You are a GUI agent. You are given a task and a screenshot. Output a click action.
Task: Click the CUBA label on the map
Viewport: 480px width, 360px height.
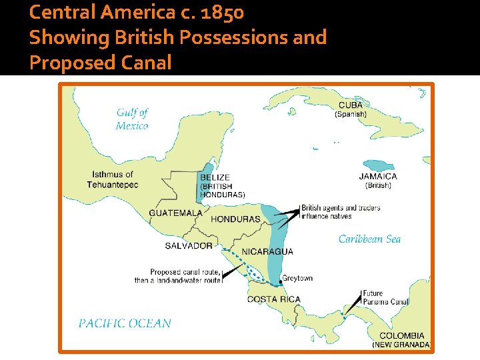351,105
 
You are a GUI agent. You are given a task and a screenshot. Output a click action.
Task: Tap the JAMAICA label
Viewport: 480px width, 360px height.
378,177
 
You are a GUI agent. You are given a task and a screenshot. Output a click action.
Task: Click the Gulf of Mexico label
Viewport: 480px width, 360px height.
132,119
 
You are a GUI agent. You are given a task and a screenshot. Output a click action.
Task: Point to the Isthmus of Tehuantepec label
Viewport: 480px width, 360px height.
113,179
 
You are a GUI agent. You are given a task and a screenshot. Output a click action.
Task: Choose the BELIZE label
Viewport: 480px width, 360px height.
215,177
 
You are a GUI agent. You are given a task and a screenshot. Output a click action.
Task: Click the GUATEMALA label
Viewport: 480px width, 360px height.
175,213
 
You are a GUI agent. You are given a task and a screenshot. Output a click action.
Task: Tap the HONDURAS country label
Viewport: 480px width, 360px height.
235,219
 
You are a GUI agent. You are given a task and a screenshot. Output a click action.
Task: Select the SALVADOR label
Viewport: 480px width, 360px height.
189,246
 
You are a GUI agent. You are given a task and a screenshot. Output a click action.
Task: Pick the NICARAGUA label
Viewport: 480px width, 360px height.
267,251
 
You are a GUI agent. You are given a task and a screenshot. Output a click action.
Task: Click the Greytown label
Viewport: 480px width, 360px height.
297,278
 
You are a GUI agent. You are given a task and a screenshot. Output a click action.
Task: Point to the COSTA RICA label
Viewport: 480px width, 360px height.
273,299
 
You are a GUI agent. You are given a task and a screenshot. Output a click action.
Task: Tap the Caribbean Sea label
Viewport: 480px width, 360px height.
369,239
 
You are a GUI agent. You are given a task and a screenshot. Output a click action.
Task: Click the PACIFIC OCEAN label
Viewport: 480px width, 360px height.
125,323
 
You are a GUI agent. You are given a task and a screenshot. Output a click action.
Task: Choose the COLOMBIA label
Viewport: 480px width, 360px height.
401,336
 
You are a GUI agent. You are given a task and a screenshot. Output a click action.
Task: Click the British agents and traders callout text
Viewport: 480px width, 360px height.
341,212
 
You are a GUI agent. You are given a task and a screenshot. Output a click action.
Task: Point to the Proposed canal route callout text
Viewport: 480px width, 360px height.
177,276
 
